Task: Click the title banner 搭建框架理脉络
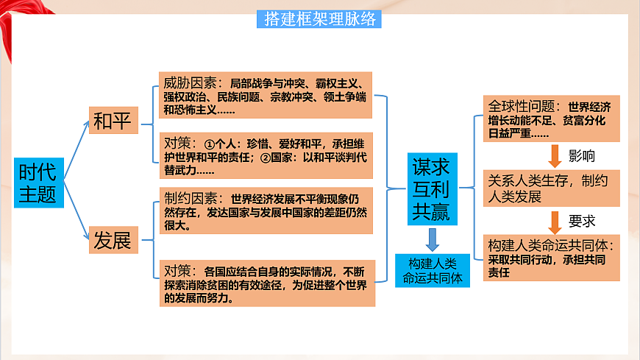click(x=319, y=19)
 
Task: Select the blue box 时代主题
click(x=39, y=182)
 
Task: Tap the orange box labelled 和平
click(x=113, y=121)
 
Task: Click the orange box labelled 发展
click(x=113, y=240)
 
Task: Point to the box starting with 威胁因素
click(x=266, y=95)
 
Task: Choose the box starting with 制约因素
click(x=266, y=211)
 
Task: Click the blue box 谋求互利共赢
click(x=432, y=188)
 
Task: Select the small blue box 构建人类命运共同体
click(x=432, y=270)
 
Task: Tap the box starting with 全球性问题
click(x=551, y=119)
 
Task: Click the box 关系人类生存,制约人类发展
click(x=551, y=188)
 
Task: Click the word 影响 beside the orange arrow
click(x=583, y=156)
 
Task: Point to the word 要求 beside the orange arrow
click(x=583, y=222)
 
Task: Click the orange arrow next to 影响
click(x=555, y=156)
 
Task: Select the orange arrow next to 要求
click(x=555, y=222)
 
